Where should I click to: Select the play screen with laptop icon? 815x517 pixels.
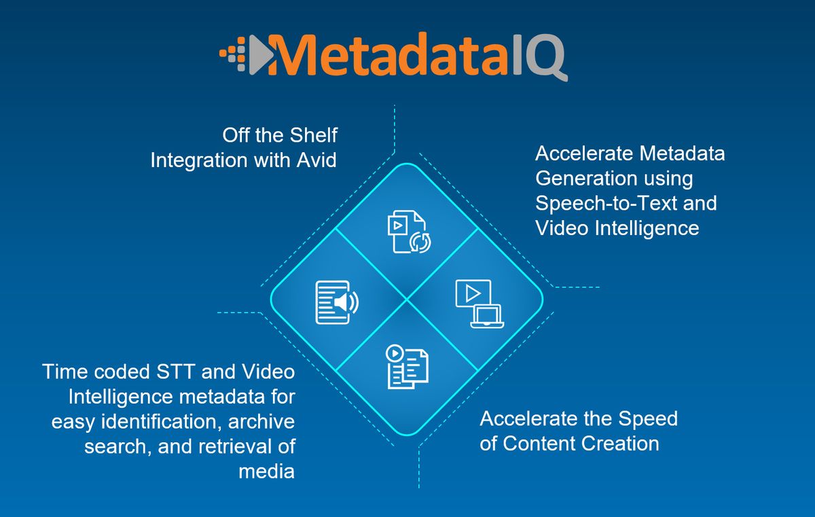coord(479,304)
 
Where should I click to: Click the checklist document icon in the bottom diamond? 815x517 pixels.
coord(407,367)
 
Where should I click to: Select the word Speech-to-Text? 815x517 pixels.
coord(626,202)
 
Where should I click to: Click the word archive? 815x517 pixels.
coord(261,421)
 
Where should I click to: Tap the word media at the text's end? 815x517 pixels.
coord(266,471)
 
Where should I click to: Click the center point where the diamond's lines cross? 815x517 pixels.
coord(407,299)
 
